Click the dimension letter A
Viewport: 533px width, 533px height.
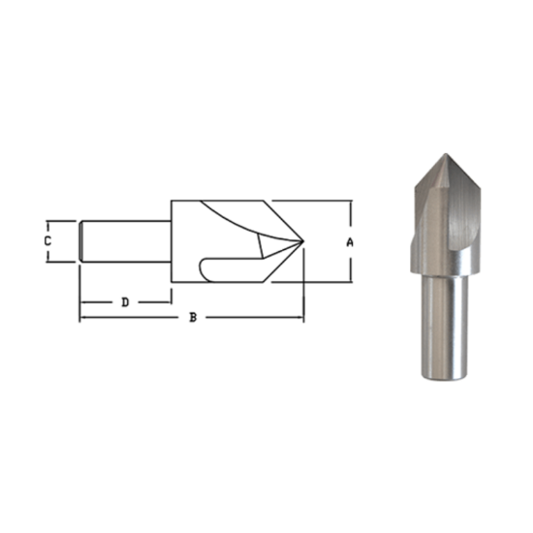pos(350,242)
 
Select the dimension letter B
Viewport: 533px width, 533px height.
pos(193,318)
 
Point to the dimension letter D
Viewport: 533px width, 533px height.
pos(125,302)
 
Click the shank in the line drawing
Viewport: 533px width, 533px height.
pos(126,240)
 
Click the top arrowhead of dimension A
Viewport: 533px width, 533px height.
pos(350,204)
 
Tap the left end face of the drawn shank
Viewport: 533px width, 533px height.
pos(81,240)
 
